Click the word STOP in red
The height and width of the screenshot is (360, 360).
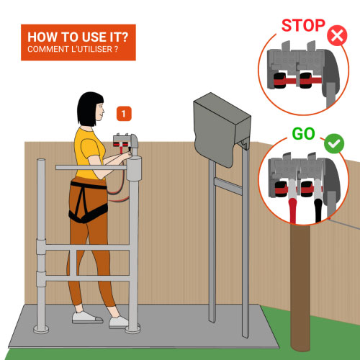(x=303, y=25)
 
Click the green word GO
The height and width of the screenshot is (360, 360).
(x=303, y=134)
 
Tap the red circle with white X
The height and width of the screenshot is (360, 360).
(x=337, y=35)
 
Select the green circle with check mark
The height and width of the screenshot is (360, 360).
(x=334, y=143)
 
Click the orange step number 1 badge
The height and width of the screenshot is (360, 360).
(x=124, y=114)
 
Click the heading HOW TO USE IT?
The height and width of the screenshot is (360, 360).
(x=78, y=37)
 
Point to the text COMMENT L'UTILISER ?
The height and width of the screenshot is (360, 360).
(x=73, y=49)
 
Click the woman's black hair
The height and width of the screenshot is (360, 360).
(x=89, y=109)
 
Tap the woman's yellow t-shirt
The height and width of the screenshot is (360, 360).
(x=89, y=153)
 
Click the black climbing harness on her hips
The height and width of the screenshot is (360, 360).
(x=88, y=202)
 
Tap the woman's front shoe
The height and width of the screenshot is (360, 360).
(x=119, y=323)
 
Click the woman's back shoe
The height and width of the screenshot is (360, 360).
(x=87, y=318)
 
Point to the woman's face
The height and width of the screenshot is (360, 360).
(x=100, y=112)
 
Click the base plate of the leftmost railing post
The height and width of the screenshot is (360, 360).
(x=41, y=329)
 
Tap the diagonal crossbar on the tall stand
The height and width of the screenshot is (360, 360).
(x=228, y=186)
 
